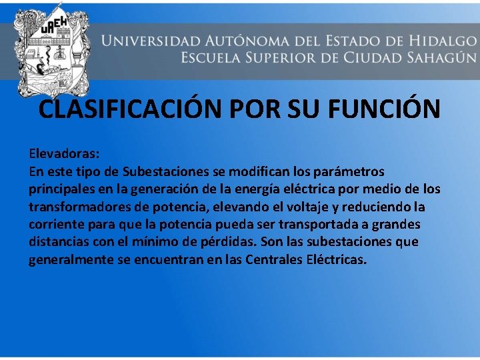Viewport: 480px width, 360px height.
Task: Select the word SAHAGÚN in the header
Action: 434,57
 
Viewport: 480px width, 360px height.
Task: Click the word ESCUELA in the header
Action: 215,57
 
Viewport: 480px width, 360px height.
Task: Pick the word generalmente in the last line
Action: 71,259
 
